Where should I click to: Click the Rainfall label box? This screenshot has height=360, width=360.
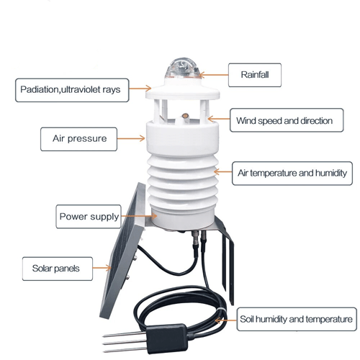tap(255, 75)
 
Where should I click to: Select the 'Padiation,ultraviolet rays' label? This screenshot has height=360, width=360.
tap(72, 90)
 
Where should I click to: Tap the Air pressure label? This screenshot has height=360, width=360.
tap(78, 139)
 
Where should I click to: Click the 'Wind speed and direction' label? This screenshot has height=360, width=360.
tap(287, 120)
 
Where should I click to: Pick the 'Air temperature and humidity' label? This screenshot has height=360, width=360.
tap(292, 173)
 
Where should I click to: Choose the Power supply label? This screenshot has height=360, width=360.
tap(89, 217)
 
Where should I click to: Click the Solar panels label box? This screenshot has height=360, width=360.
tap(58, 269)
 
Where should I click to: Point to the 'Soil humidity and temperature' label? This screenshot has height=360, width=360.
tap(297, 319)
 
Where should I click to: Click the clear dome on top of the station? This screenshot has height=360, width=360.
tap(183, 68)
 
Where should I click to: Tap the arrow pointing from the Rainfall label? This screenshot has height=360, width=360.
tap(214, 75)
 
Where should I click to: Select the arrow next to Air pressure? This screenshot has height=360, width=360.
tap(131, 138)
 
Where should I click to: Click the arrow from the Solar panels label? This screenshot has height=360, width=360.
tap(102, 268)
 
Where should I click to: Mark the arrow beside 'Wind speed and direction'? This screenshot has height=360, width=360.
tap(219, 119)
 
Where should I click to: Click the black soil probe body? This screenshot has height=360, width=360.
tap(166, 338)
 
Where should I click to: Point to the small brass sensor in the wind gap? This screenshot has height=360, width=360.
tap(185, 116)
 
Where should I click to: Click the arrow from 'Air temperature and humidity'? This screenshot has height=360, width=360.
tap(222, 172)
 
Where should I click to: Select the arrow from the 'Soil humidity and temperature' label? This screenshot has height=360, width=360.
tap(225, 320)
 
